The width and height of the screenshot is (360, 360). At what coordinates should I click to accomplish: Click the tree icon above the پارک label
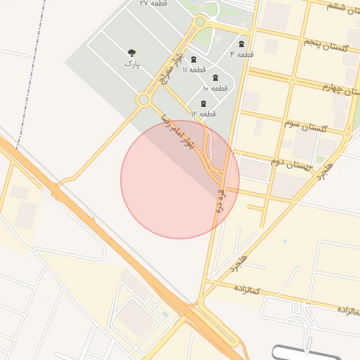(131, 53)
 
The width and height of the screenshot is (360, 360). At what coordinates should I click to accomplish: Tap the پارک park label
(131, 64)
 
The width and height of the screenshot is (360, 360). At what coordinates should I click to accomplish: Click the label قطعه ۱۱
(195, 70)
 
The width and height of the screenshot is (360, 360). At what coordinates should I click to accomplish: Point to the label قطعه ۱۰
(216, 88)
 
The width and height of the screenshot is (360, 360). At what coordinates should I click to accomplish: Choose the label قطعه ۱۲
(203, 113)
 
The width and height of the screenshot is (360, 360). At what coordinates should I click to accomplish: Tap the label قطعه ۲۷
(153, 4)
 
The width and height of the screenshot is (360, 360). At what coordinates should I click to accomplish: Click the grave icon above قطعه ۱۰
(215, 77)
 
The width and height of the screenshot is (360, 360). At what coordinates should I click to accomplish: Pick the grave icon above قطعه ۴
(242, 44)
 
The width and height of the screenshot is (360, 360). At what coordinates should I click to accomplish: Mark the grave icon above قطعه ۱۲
(203, 103)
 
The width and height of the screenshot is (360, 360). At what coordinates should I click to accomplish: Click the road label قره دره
(221, 200)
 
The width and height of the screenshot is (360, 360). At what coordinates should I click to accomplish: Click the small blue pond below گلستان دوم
(285, 241)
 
